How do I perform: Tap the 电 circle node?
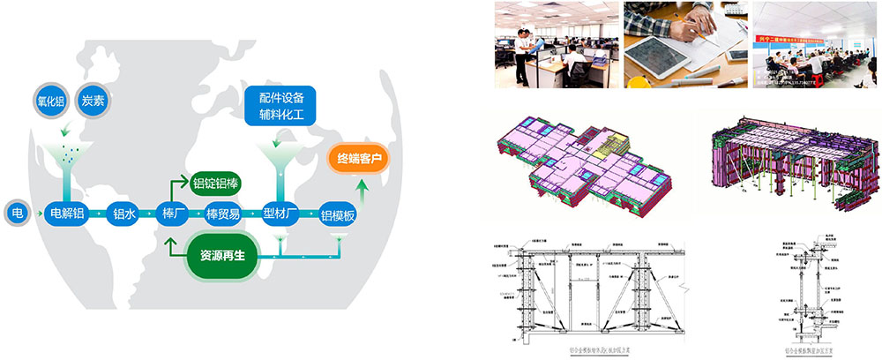(18, 213)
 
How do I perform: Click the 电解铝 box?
(68, 213)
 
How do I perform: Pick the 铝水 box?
(121, 214)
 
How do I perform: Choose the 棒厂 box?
(172, 214)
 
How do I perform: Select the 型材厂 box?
(280, 214)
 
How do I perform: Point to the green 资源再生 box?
(221, 255)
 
